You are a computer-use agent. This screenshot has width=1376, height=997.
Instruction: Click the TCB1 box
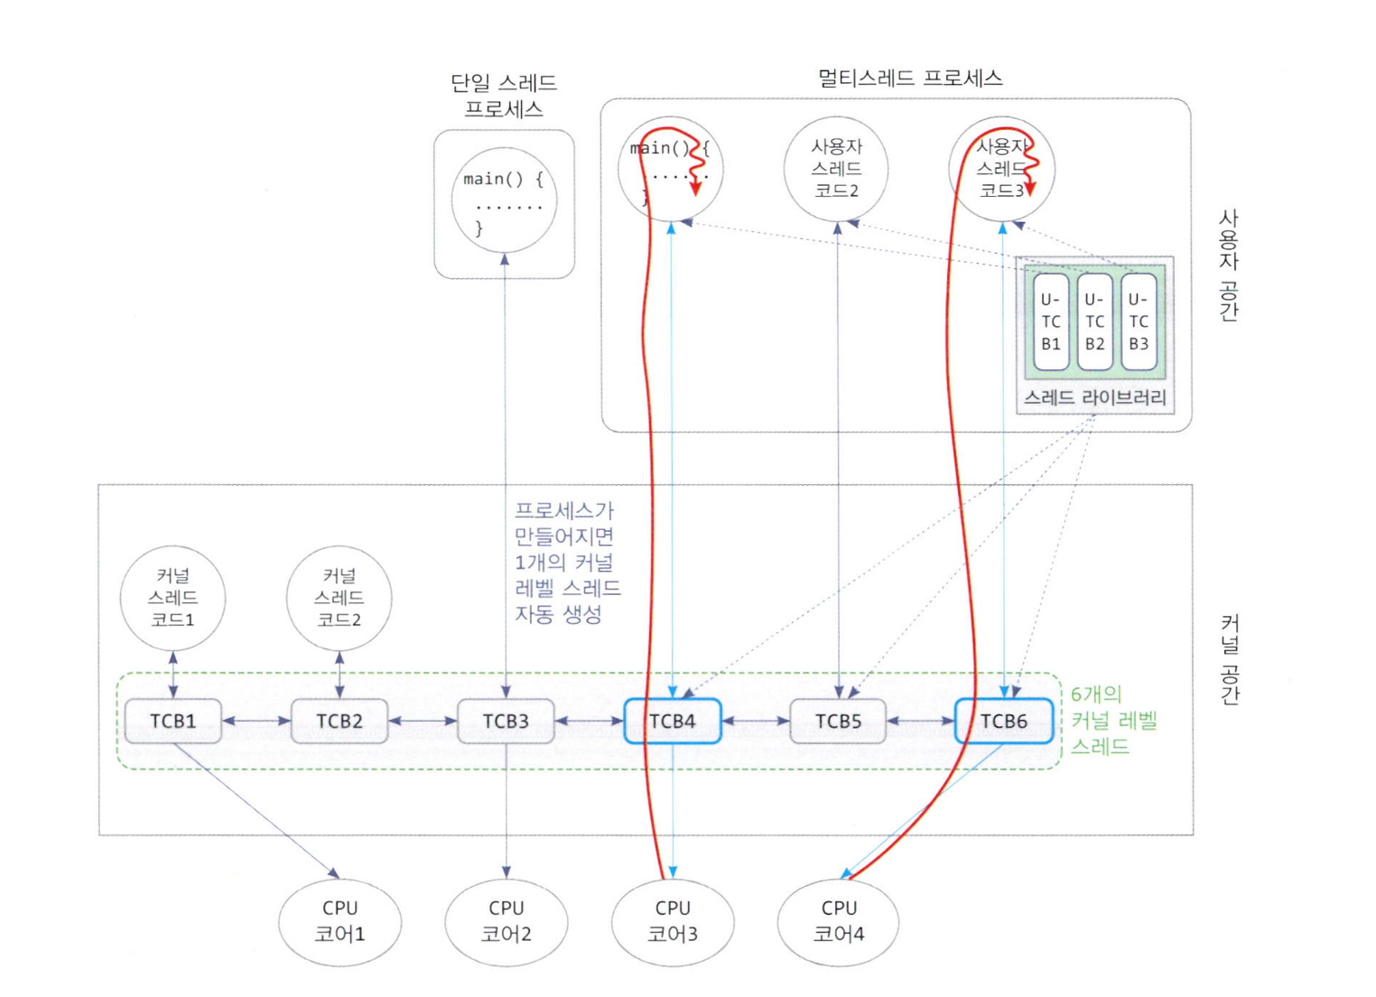point(172,721)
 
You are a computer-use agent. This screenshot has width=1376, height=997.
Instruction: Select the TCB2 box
point(339,721)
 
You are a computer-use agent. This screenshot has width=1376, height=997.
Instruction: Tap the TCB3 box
point(506,721)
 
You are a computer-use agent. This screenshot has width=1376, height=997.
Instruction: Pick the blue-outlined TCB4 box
point(673,721)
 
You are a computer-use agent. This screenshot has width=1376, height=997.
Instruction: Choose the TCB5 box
point(838,721)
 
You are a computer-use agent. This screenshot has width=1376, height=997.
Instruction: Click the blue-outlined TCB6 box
point(1004,721)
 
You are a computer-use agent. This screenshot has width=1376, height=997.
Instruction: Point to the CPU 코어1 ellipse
point(339,921)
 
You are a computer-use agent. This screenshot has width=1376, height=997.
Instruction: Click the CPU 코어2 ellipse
point(506,921)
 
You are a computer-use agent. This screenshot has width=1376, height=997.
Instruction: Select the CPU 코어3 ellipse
point(673,921)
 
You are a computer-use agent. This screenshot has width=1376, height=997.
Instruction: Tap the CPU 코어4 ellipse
point(838,921)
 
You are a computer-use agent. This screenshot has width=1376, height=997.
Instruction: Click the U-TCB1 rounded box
point(1051,321)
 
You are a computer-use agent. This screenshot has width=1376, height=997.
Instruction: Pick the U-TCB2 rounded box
point(1095,321)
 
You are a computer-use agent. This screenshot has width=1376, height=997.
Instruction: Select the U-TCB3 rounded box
point(1139,321)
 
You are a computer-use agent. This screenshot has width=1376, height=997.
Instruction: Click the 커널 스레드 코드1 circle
point(172,597)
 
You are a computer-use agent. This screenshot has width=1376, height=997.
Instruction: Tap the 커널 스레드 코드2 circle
point(339,597)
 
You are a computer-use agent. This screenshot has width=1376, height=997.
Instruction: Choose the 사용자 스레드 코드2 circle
point(836,168)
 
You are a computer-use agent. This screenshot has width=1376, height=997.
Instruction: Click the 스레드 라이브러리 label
point(1095,397)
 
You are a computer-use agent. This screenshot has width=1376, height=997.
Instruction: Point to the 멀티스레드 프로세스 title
point(910,79)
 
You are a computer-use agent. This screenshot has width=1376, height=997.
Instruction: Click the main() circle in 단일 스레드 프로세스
point(504,200)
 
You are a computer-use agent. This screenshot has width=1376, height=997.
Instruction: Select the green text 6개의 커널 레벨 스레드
point(1113,720)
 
